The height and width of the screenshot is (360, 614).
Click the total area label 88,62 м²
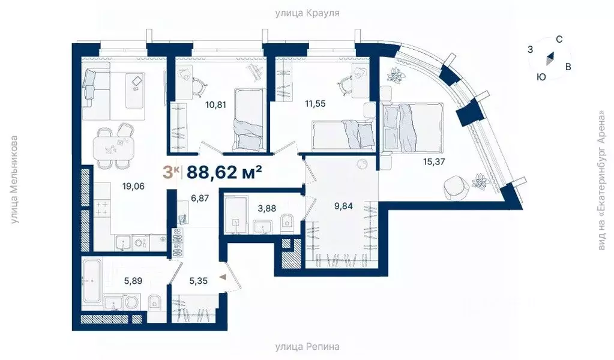tap(224, 172)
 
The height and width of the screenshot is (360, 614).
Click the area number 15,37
tap(433, 161)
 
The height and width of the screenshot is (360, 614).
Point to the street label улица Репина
tap(307, 347)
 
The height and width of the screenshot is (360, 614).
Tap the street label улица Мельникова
tap(14, 180)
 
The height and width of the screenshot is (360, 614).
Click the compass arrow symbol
tap(550, 59)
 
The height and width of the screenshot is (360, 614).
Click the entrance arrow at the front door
tap(223, 277)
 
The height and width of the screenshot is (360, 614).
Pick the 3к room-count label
tap(170, 172)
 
